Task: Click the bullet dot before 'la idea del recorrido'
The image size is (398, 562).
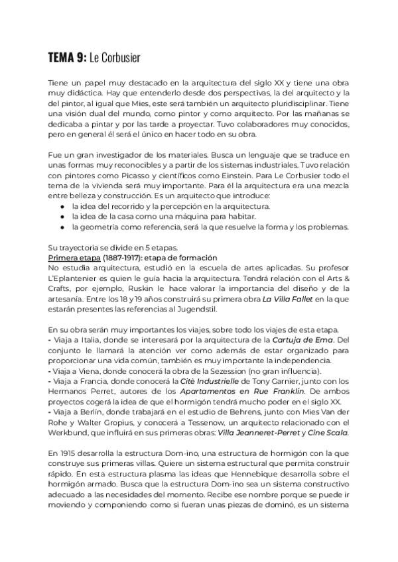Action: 62,207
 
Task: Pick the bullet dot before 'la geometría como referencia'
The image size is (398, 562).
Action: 62,227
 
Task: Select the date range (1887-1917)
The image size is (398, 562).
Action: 121,258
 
